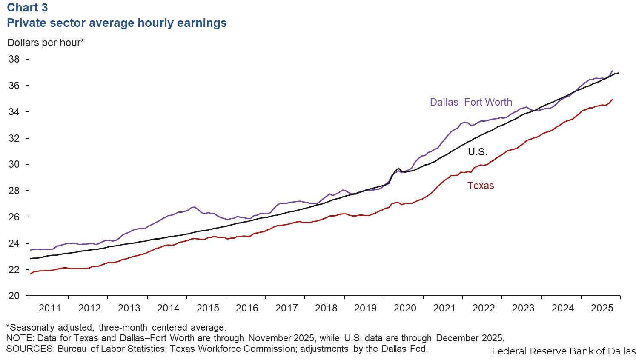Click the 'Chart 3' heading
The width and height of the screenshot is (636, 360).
[x=28, y=8]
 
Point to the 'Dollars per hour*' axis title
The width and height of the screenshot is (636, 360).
[x=46, y=43]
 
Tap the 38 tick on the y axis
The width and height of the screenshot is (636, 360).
[x=14, y=59]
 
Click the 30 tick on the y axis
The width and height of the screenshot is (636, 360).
[x=14, y=164]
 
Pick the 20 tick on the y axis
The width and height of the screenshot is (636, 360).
[x=14, y=296]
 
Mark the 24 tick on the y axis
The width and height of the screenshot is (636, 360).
[x=14, y=243]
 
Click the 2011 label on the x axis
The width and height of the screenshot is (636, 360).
[x=50, y=308]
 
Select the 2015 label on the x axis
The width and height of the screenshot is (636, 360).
[x=208, y=308]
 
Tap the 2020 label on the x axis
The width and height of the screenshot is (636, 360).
[x=405, y=308]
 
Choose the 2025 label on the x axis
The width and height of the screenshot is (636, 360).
[x=602, y=308]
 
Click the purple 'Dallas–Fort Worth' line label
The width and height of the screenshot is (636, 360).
[x=471, y=102]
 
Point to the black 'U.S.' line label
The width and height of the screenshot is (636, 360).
[x=477, y=152]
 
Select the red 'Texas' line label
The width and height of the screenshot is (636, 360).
[x=481, y=186]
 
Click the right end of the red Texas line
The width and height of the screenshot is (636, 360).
[x=612, y=100]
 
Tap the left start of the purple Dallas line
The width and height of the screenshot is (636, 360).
[x=30, y=250]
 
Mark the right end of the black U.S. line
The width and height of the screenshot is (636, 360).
[x=619, y=73]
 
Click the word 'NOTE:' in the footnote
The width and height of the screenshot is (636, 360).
[x=20, y=338]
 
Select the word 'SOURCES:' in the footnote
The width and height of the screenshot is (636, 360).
[x=30, y=349]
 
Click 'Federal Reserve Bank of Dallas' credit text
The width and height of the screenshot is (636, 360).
[x=564, y=351]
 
